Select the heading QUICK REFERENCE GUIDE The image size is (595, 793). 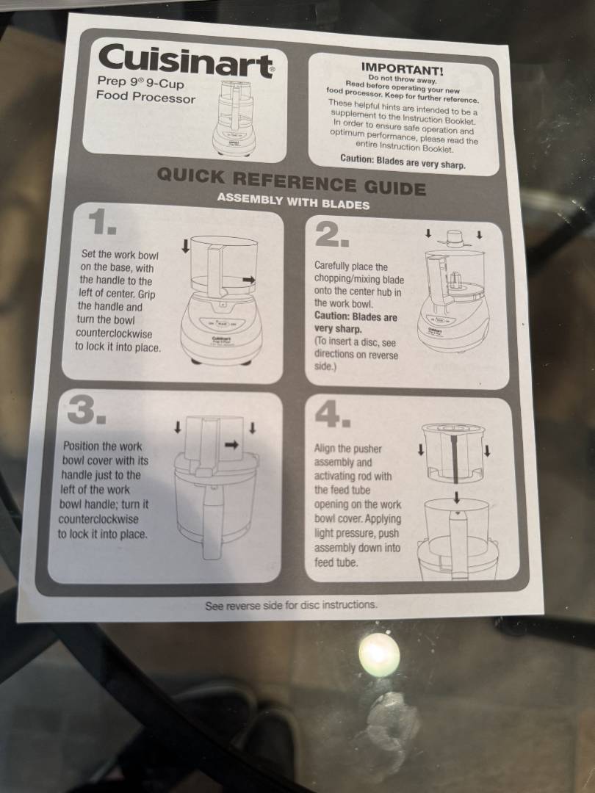point(292,181)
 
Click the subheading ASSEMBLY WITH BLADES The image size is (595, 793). point(293,201)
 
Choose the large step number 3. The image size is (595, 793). point(87,409)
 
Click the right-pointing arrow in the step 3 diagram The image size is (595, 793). point(232,444)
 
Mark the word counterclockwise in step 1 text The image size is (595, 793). point(114,334)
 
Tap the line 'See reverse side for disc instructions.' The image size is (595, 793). point(292,605)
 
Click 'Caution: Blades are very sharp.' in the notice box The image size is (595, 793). point(403,162)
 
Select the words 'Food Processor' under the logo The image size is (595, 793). point(145,96)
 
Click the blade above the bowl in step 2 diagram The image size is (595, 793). point(455,239)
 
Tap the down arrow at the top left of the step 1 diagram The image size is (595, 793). point(186,246)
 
